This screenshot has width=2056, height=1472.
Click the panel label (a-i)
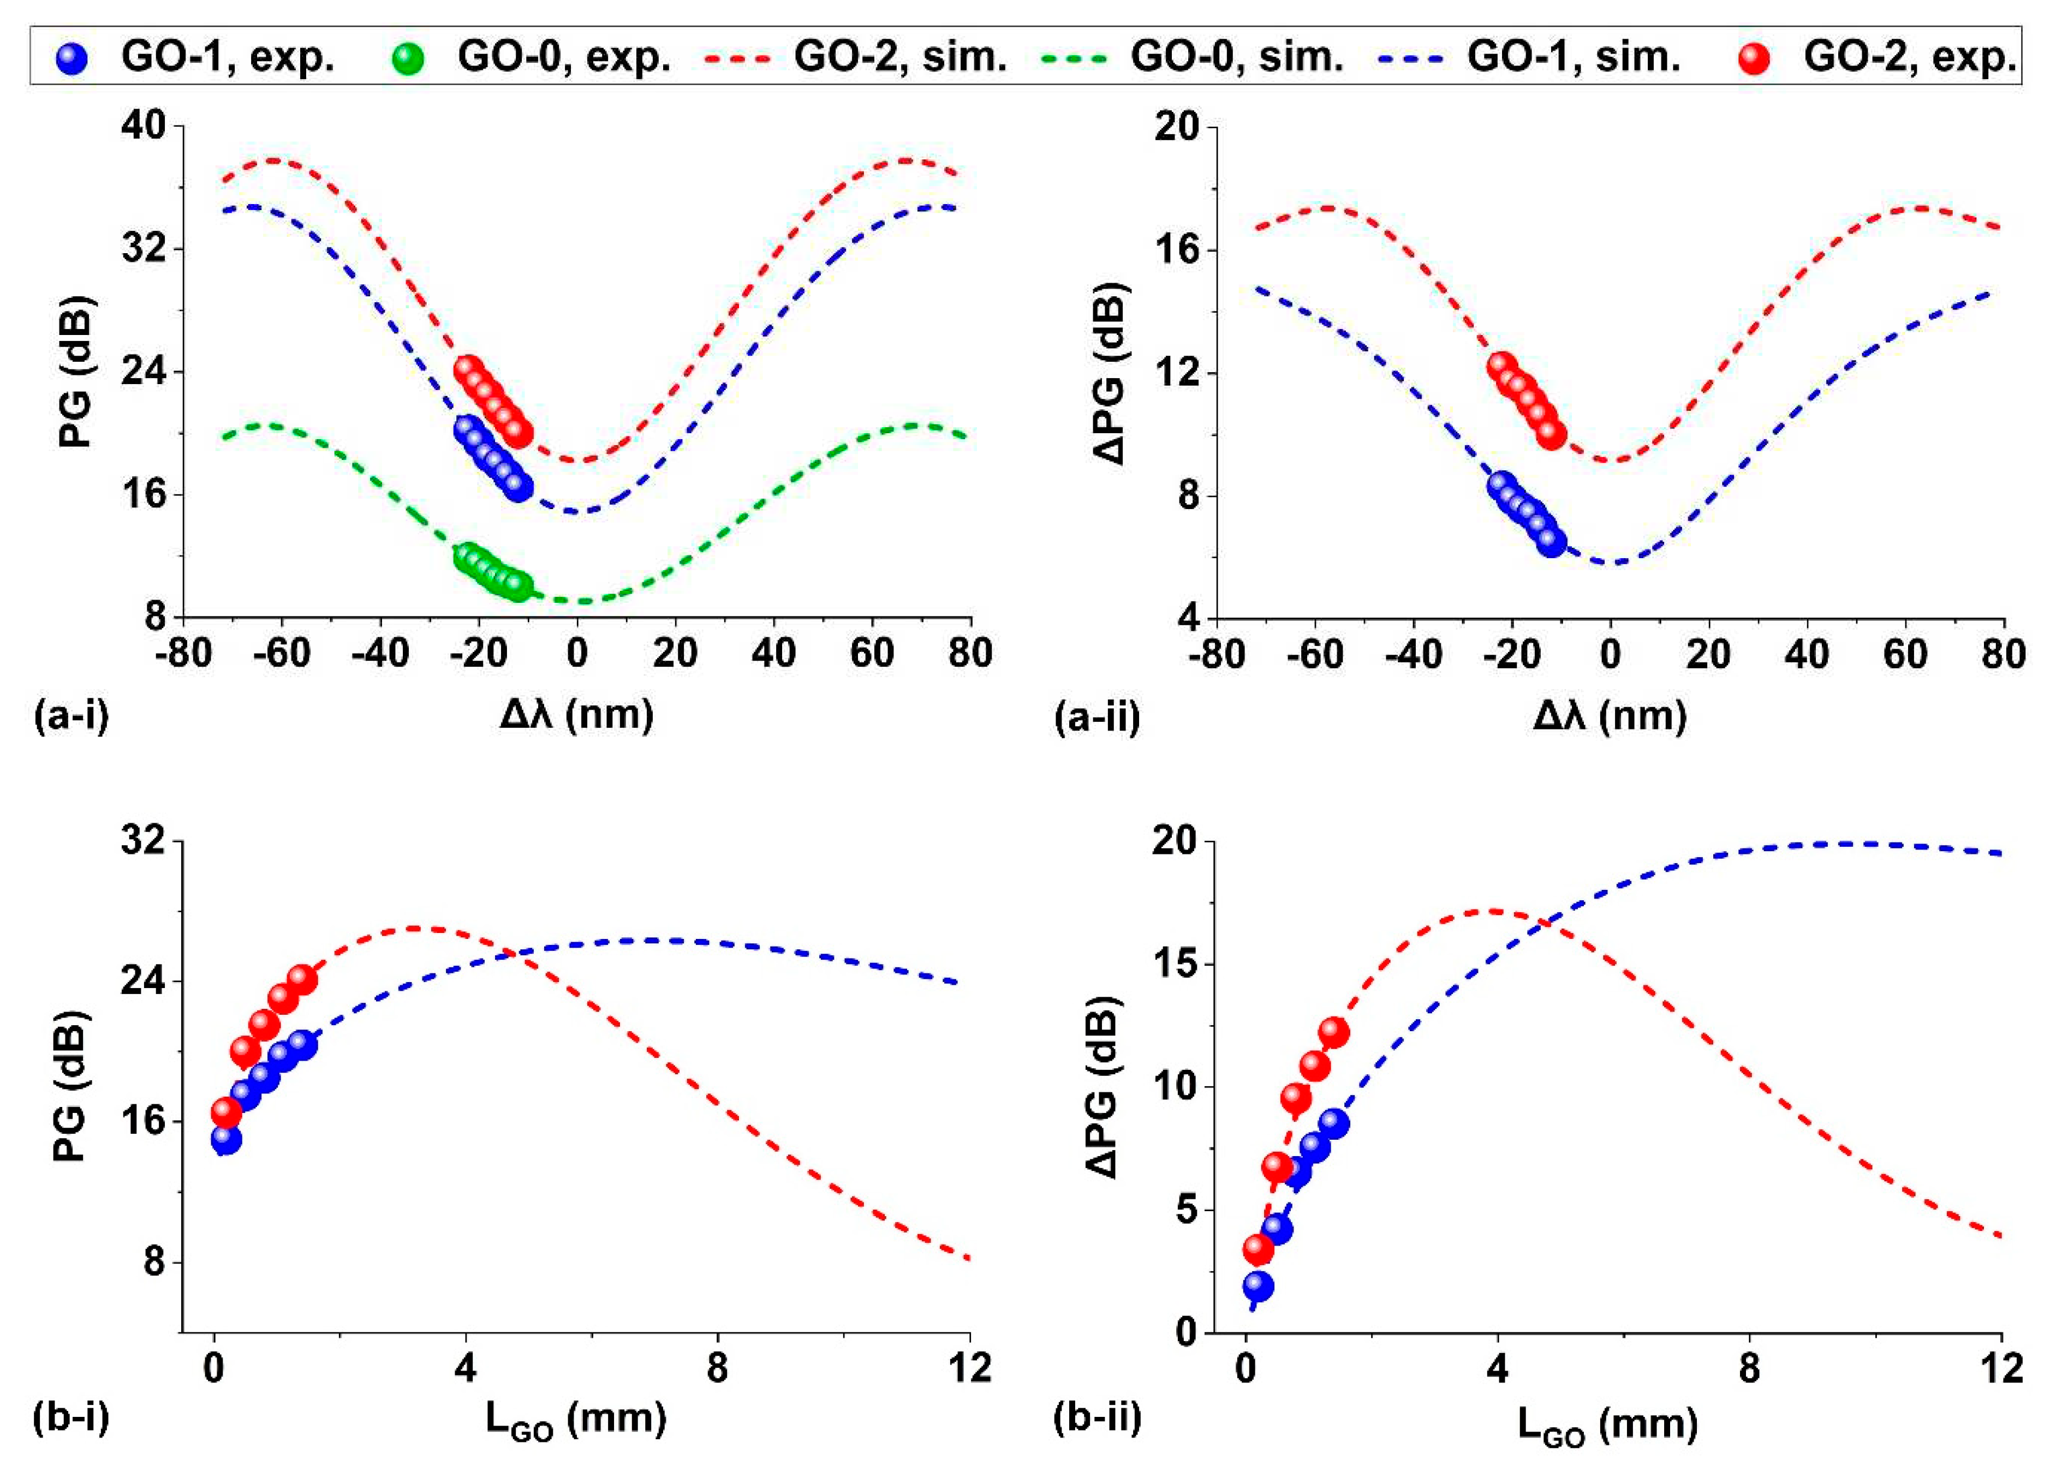click(x=71, y=716)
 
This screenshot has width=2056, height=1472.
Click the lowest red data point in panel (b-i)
click(x=226, y=1112)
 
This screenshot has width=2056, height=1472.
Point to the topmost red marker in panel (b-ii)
click(x=1333, y=1032)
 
